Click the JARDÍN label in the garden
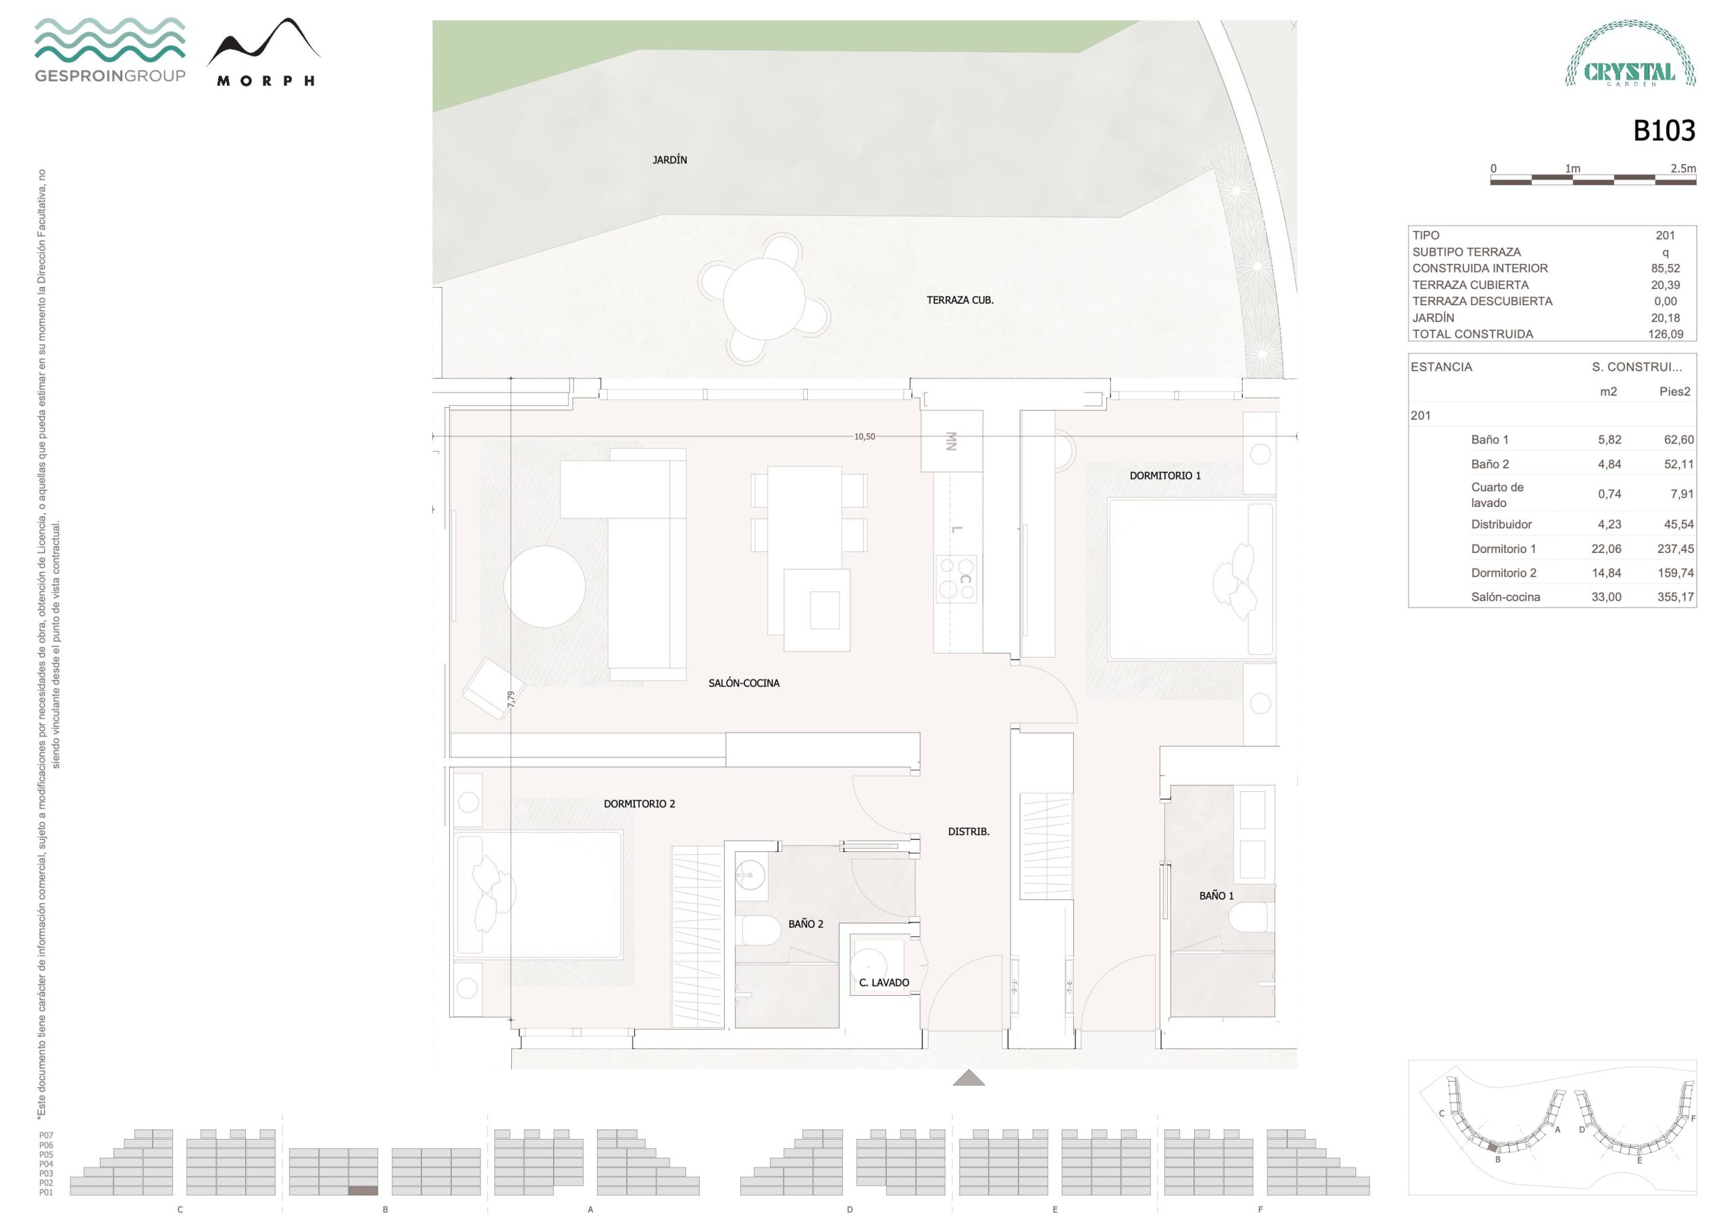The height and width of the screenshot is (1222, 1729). tap(669, 159)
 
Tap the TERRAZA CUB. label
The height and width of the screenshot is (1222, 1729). tap(960, 300)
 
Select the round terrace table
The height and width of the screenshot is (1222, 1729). tap(764, 299)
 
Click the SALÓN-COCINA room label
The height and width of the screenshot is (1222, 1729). tap(744, 683)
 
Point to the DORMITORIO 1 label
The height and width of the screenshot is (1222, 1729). tap(1165, 475)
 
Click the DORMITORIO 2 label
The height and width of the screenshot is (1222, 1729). tap(640, 803)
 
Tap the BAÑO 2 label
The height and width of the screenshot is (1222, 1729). tap(806, 924)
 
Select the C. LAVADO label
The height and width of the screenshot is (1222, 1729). tap(884, 982)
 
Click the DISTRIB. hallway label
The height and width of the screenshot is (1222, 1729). tap(969, 831)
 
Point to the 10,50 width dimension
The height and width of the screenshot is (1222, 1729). tap(864, 437)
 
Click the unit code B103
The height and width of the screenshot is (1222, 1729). tap(1664, 131)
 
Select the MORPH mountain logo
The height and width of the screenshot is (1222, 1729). tap(264, 52)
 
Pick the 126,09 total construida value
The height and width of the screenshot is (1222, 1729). tap(1665, 334)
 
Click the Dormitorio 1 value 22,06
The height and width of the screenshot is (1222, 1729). tap(1606, 549)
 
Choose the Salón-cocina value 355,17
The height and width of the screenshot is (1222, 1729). tap(1676, 597)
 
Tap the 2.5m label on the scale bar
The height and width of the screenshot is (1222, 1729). tap(1683, 169)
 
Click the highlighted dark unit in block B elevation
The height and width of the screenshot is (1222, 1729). tap(363, 1190)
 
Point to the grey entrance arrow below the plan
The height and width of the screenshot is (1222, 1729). tap(969, 1078)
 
